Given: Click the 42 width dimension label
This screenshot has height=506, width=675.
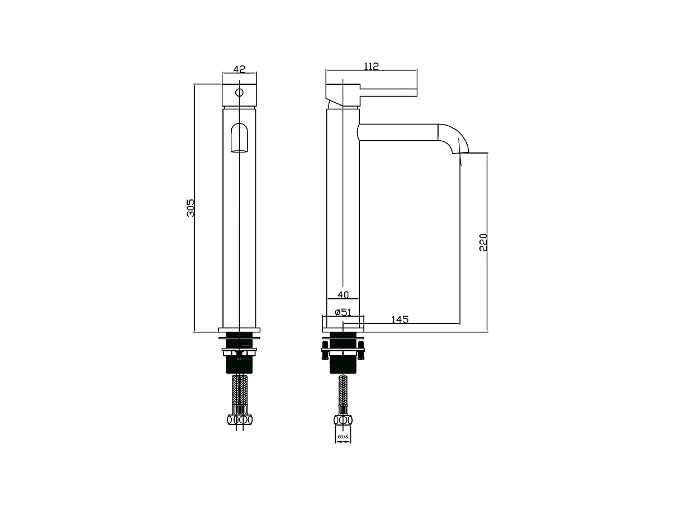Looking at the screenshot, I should point(239,69).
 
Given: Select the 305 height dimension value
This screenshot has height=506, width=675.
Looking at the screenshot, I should point(191,208).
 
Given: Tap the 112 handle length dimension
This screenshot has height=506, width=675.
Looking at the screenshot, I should point(371,66).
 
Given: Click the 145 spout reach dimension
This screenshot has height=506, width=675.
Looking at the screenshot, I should point(400,319).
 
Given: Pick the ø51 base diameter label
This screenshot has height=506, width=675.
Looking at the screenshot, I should point(343,312).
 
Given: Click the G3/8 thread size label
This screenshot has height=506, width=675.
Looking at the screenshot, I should point(343,436).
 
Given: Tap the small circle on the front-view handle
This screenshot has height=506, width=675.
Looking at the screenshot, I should point(239,92).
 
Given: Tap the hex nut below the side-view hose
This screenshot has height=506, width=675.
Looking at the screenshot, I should point(343,420).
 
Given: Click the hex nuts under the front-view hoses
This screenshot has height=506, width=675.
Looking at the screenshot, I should point(239,419).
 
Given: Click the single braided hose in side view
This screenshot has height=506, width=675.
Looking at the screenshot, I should point(343,394).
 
